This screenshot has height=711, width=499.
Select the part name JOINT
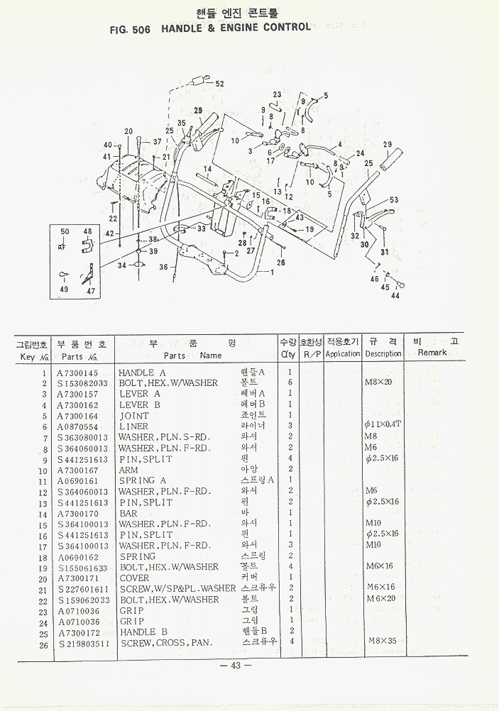tap(134, 416)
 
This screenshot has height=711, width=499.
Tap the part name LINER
tap(134, 426)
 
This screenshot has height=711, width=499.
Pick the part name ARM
tap(128, 470)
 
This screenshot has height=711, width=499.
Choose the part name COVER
tap(134, 578)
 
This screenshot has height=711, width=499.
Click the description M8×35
tap(383, 641)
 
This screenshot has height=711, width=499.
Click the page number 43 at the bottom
tap(236, 666)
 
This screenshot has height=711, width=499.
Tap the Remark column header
tap(432, 353)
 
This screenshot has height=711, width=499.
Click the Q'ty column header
tap(287, 353)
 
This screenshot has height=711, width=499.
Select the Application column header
tap(343, 353)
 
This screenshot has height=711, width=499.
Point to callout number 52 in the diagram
tap(219, 84)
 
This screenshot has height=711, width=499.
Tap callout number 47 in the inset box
tap(90, 291)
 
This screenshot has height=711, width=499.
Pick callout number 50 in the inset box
tap(65, 232)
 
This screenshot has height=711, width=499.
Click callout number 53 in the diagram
tap(394, 200)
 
